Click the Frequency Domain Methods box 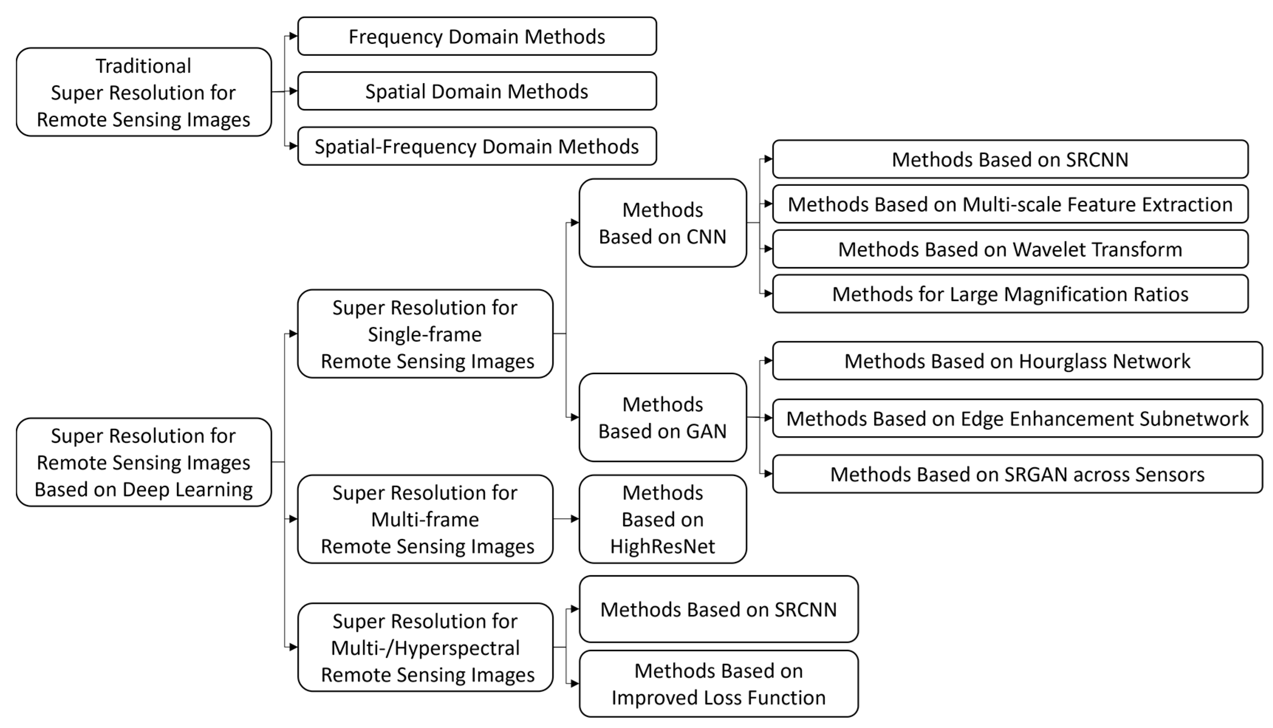click(476, 37)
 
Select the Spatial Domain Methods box click(476, 92)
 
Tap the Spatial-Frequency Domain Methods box click(476, 147)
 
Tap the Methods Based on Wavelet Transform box click(1010, 249)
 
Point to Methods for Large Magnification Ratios click(1010, 294)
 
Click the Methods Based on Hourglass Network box click(1017, 361)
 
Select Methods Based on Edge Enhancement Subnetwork click(1017, 418)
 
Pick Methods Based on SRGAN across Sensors click(1017, 474)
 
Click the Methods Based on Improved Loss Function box click(718, 684)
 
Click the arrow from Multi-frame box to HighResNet click(566, 519)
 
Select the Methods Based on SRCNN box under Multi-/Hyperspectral click(718, 609)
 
